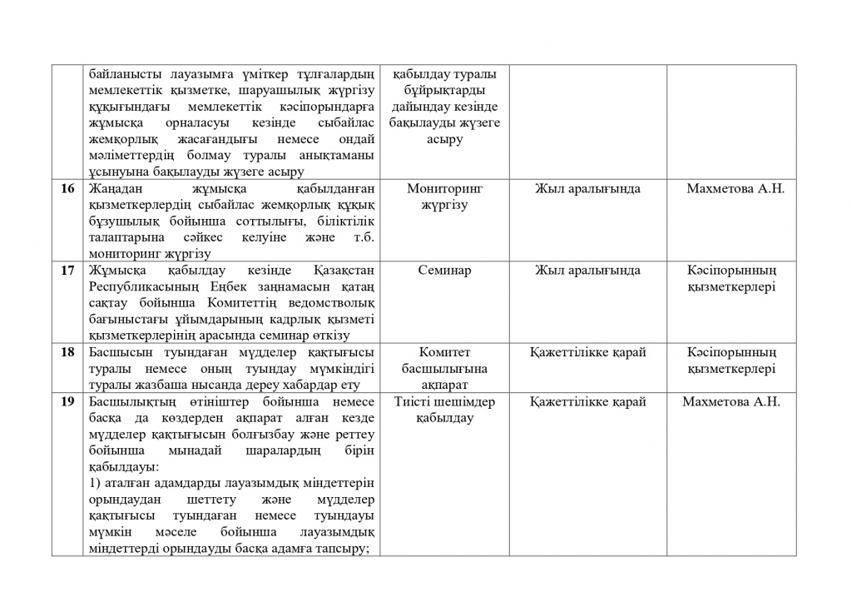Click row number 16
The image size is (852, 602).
(68, 189)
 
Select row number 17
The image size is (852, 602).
(68, 271)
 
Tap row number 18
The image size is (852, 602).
(68, 352)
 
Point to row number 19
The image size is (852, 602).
(68, 402)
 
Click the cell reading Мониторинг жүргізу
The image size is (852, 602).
(444, 197)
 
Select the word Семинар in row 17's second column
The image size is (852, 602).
(444, 271)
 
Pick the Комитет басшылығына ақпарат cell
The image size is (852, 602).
(444, 368)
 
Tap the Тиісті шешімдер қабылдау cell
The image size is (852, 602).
(444, 410)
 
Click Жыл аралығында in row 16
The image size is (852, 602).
(587, 189)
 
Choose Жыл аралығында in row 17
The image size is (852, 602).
(587, 271)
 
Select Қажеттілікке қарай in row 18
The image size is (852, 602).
(587, 352)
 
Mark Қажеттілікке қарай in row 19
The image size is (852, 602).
(587, 402)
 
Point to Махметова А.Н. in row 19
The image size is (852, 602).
(731, 402)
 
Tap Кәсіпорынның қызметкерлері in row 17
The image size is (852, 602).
(731, 279)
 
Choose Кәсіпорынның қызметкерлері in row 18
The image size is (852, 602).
(731, 361)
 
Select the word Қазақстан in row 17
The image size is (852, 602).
(343, 271)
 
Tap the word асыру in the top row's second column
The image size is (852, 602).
(444, 140)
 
